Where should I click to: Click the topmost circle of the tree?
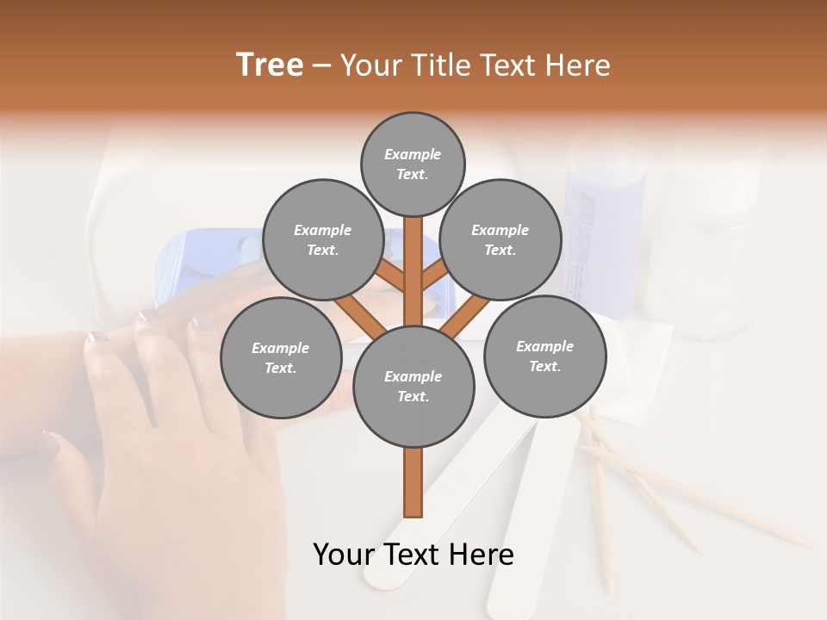(x=413, y=164)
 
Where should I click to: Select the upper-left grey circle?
(x=322, y=239)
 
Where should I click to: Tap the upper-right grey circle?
(x=501, y=239)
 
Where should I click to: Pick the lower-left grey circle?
(x=281, y=357)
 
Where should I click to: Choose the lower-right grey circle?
(x=544, y=356)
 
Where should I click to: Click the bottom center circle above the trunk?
(x=413, y=386)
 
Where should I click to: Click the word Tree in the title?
(x=270, y=65)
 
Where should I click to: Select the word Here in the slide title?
(x=577, y=65)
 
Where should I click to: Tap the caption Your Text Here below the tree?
(x=413, y=554)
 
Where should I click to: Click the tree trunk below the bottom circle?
(x=413, y=482)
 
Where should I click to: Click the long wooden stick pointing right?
(x=698, y=499)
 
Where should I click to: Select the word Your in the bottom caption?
(x=344, y=554)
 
